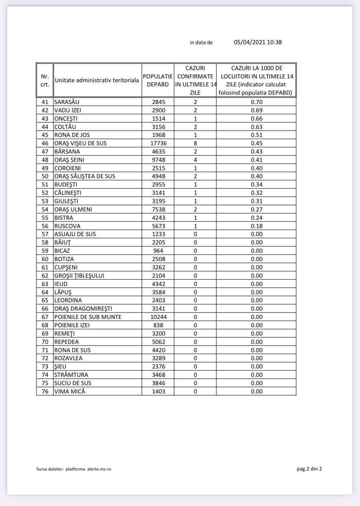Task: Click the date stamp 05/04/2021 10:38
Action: [x=258, y=42]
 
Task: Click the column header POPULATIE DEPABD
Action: [x=158, y=80]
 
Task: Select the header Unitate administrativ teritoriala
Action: [x=97, y=80]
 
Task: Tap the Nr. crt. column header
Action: [x=45, y=80]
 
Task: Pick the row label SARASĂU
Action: [x=67, y=102]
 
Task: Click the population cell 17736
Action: [x=158, y=143]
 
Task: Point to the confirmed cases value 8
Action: [x=195, y=143]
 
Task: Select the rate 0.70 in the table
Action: [x=257, y=102]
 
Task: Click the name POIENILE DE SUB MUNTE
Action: [x=88, y=317]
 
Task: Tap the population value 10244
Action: [x=158, y=317]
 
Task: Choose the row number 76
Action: [x=45, y=391]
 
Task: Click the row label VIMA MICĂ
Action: [x=70, y=391]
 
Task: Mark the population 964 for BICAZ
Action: [x=158, y=251]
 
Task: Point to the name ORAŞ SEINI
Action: [x=69, y=160]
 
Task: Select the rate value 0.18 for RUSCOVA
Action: [x=257, y=226]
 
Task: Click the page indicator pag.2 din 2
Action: [x=309, y=469]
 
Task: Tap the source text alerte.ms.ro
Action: [x=99, y=469]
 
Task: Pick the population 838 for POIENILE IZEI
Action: [x=158, y=325]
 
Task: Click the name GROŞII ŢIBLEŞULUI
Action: [x=79, y=276]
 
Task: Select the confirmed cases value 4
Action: [x=195, y=160]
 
